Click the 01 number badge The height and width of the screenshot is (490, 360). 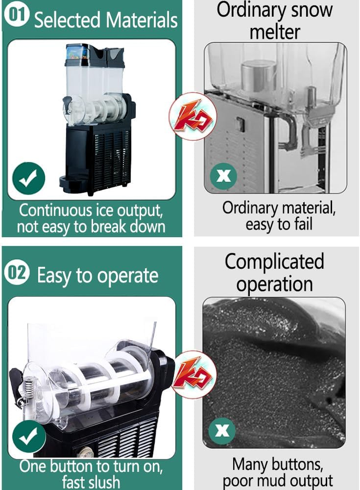coord(17,15)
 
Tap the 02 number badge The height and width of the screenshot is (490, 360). coord(17,273)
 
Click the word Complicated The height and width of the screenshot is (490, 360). coord(274,261)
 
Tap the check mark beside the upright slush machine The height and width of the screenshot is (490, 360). coord(29,179)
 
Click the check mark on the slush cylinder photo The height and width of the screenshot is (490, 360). coord(29,436)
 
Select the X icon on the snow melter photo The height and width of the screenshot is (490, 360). coord(224,175)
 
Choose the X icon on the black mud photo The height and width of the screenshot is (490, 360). coord(222,431)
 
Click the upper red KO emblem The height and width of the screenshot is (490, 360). coord(193,116)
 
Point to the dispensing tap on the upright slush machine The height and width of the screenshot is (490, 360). coord(68,106)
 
